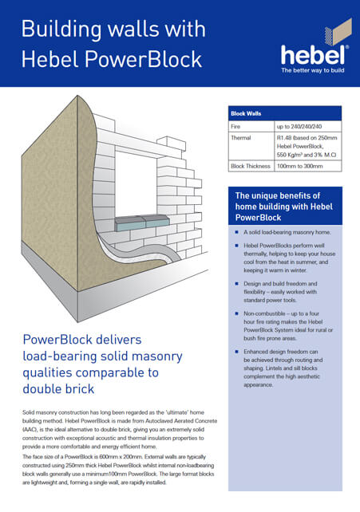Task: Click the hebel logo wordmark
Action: [x=313, y=56]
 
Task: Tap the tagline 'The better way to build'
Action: [x=313, y=70]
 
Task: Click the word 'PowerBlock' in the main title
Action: [x=143, y=60]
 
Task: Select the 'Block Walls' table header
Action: [x=246, y=113]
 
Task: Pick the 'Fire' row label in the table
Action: [x=235, y=126]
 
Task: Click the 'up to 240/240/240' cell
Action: [x=299, y=126]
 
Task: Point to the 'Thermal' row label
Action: [x=241, y=138]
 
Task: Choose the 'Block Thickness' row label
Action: [x=251, y=166]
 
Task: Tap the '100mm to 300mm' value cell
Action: [x=300, y=166]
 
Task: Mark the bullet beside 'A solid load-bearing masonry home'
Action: [x=237, y=232]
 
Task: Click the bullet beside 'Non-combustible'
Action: [x=237, y=313]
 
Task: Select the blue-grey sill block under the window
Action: [x=142, y=223]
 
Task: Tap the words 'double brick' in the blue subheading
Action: [x=58, y=389]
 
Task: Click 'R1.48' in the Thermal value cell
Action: [x=284, y=138]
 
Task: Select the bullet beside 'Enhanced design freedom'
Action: [x=237, y=352]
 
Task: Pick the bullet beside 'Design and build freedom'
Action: [x=237, y=284]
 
